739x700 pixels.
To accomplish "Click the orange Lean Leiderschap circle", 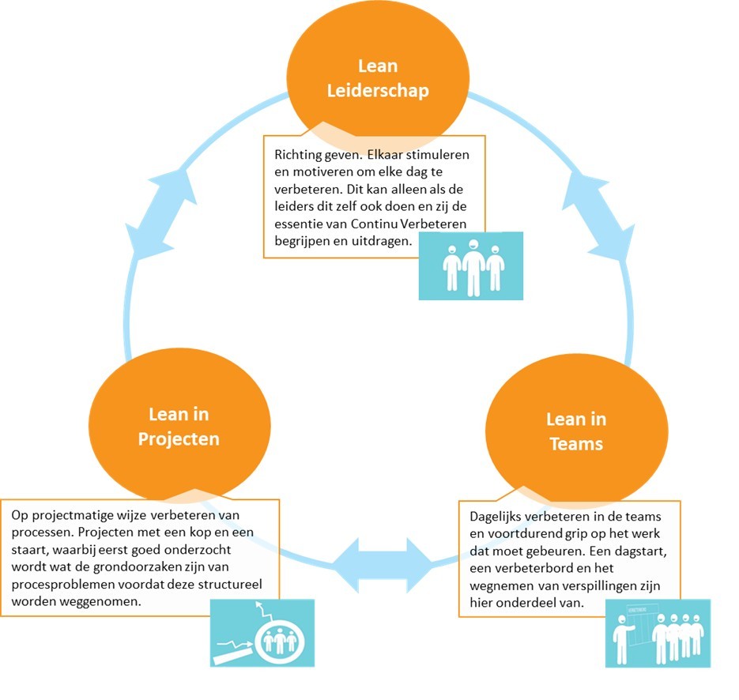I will tap(377, 77).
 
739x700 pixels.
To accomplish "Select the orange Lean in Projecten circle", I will tap(179, 426).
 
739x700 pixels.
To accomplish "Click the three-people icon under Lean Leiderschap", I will tap(471, 266).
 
